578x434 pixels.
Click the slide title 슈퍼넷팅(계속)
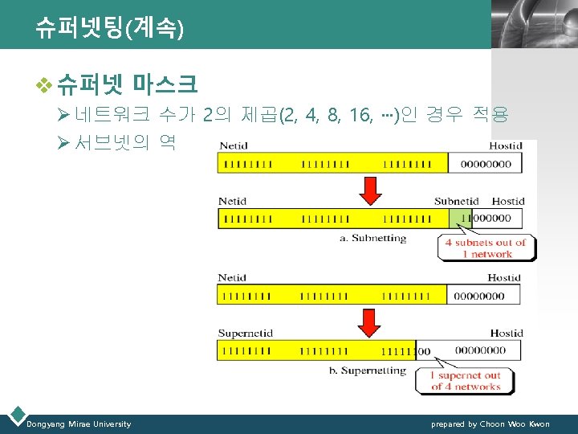tap(109, 30)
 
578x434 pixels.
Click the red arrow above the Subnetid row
tap(370, 190)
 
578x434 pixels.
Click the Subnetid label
tap(456, 201)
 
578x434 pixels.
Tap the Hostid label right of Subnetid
tap(507, 201)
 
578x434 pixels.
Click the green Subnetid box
tap(461, 218)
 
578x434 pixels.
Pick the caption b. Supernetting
tap(373, 371)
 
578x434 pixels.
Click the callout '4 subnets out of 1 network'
tap(485, 248)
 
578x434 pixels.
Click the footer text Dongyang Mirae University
tap(79, 424)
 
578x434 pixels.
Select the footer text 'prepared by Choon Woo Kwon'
tap(490, 424)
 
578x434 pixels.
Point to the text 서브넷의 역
tap(124, 143)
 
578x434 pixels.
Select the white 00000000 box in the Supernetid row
tap(484, 350)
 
